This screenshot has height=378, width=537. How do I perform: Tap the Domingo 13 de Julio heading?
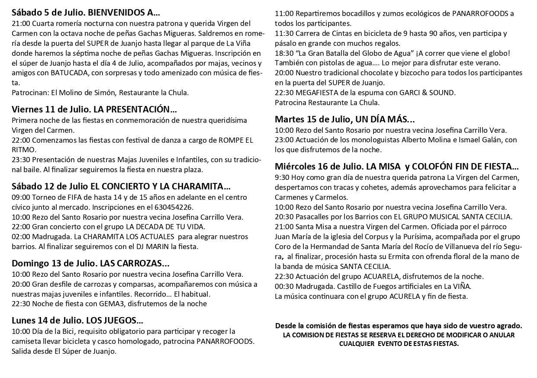[x=90, y=263]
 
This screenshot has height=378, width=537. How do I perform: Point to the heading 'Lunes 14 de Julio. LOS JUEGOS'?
[x=77, y=320]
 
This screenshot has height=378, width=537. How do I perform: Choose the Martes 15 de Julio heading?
[x=344, y=119]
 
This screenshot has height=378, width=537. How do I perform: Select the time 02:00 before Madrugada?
[x=21, y=237]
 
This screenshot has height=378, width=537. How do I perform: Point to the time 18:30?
[x=284, y=53]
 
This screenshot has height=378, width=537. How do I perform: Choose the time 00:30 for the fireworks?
[x=284, y=286]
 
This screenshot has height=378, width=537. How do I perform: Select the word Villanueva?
[x=437, y=247]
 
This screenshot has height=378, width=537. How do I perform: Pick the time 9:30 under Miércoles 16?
[x=282, y=177]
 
